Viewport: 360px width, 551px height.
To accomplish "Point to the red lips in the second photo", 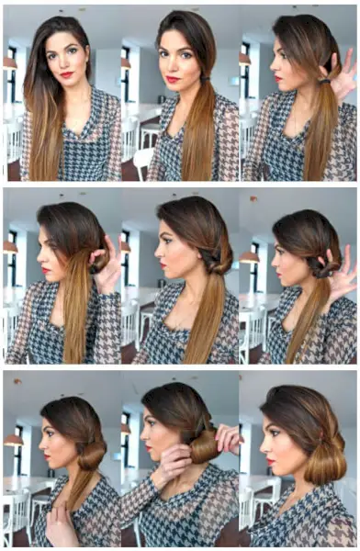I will coord(173,80).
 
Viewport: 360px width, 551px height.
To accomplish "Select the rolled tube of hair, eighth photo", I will coord(204,448).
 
